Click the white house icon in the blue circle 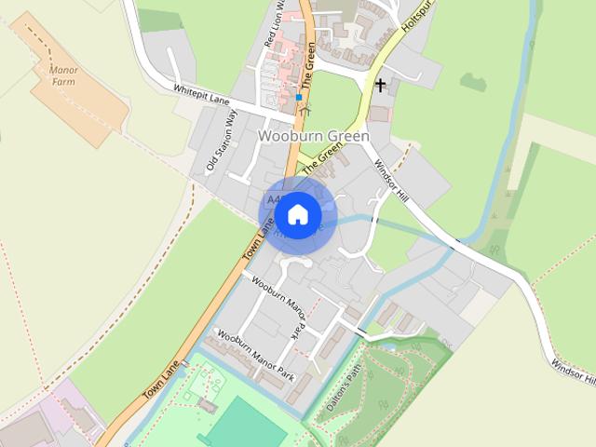(x=297, y=215)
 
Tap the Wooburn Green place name (x=314, y=136)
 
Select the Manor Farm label (x=61, y=75)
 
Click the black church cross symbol (x=380, y=87)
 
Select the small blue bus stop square (x=299, y=97)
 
